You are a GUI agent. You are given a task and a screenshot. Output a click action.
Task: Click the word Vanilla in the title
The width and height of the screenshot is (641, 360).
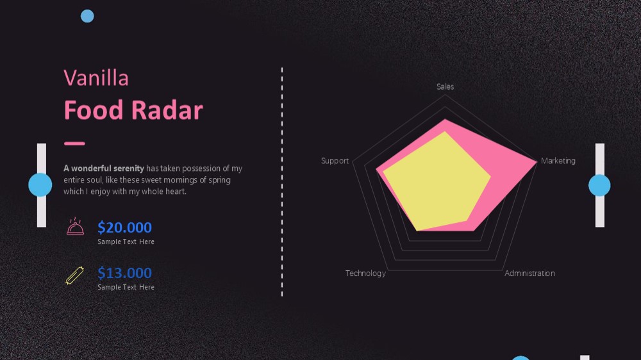click(x=96, y=78)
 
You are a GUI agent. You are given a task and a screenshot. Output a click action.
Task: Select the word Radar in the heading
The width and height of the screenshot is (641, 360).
click(x=167, y=110)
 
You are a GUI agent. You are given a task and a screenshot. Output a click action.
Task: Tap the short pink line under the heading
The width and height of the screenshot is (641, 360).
click(x=74, y=143)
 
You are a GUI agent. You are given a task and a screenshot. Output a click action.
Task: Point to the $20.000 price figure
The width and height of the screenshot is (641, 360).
click(x=125, y=227)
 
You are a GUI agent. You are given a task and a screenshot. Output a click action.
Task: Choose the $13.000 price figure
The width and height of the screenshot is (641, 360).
click(x=125, y=272)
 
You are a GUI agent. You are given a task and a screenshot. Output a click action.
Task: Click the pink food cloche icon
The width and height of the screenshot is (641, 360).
click(x=75, y=226)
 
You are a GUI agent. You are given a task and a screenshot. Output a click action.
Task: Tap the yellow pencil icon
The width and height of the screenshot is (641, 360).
click(x=75, y=275)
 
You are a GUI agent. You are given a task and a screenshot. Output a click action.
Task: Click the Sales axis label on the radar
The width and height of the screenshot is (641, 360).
click(x=445, y=86)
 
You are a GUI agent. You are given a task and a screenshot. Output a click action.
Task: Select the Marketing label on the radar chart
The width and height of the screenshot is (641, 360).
click(x=558, y=161)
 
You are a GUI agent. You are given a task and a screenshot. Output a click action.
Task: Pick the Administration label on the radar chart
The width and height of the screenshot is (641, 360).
click(x=529, y=274)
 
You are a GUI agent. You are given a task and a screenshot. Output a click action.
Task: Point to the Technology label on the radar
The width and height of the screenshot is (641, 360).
click(x=365, y=274)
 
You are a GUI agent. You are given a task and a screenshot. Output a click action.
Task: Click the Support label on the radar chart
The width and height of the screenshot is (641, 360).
click(x=335, y=161)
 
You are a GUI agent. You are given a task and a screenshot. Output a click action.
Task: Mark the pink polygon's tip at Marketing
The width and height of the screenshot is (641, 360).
click(x=537, y=162)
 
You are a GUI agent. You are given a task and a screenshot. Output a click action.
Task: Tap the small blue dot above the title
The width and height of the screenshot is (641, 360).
click(x=87, y=17)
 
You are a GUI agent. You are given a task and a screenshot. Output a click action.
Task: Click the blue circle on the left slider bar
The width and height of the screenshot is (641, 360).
click(x=40, y=184)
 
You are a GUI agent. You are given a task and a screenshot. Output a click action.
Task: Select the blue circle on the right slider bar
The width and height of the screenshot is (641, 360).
click(x=599, y=185)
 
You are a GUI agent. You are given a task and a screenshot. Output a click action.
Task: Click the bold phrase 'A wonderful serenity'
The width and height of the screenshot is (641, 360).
click(x=104, y=168)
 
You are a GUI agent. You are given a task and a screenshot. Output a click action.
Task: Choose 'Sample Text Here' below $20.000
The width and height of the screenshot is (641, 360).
click(x=126, y=242)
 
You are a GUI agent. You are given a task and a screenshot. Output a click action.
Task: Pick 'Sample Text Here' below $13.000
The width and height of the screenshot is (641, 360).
click(x=126, y=287)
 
